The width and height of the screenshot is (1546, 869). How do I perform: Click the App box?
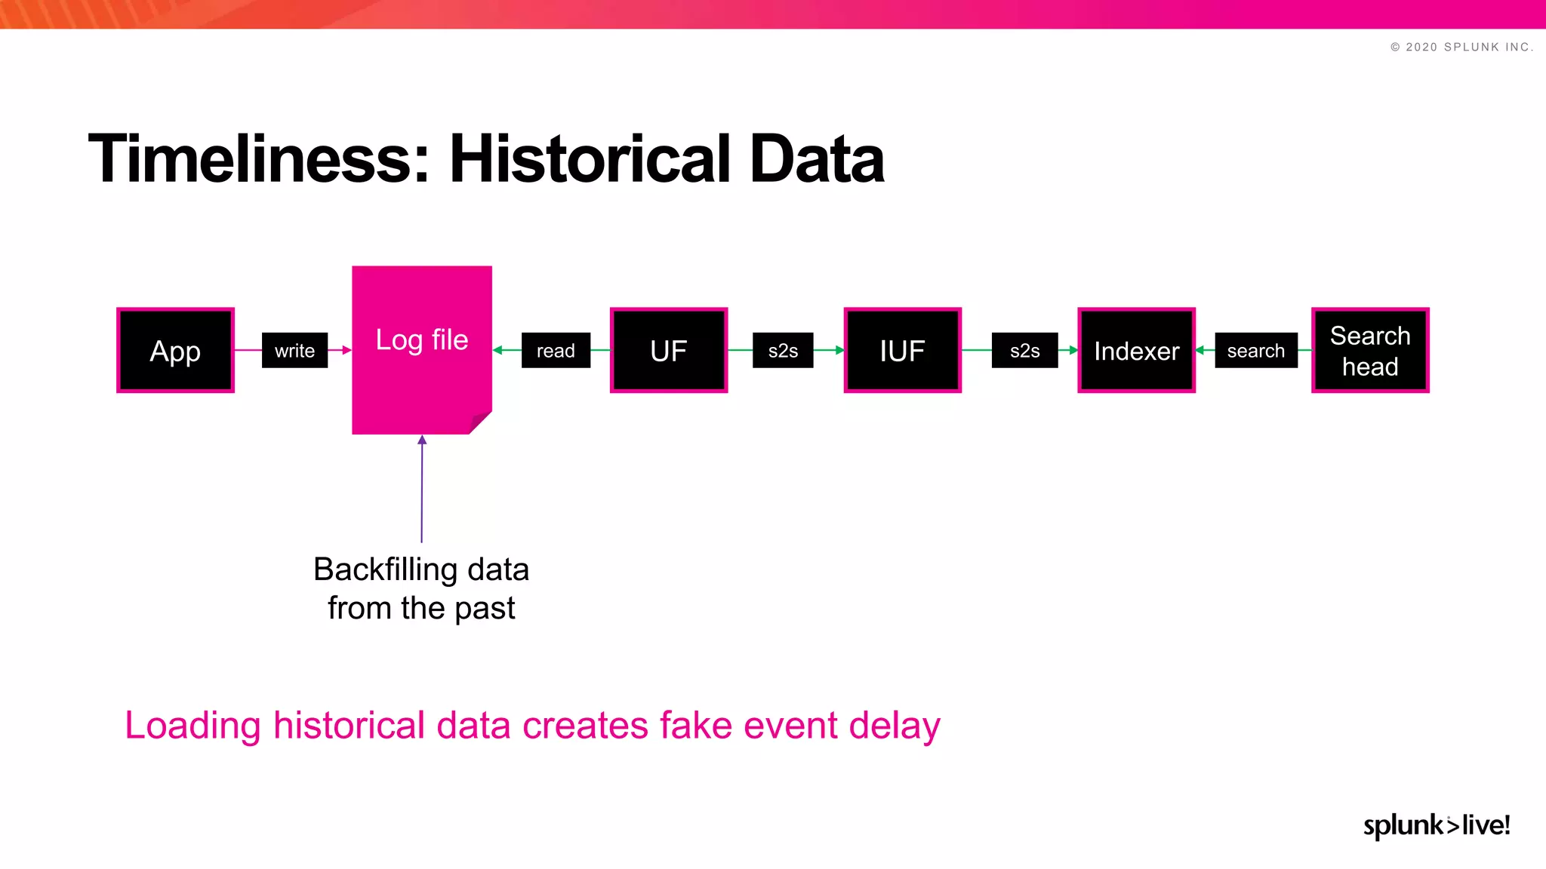point(175,350)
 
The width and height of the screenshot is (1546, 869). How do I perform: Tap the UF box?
point(668,350)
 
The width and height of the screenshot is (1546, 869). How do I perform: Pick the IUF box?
point(902,350)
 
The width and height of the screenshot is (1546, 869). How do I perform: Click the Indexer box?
point(1136,350)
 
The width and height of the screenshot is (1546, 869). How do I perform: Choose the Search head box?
point(1370,350)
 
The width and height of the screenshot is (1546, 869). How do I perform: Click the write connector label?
point(294,350)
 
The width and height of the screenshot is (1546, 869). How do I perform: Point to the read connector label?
point(556,350)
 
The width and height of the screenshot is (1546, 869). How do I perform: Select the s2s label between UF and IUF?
point(783,350)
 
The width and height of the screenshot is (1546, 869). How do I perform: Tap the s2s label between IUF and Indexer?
point(1024,350)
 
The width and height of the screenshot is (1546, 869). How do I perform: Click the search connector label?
point(1255,350)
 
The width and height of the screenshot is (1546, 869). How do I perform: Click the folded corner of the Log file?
point(480,422)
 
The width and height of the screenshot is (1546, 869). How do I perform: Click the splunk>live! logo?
point(1436,824)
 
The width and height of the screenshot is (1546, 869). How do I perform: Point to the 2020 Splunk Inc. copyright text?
point(1461,47)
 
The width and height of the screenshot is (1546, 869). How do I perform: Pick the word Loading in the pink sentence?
point(192,726)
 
